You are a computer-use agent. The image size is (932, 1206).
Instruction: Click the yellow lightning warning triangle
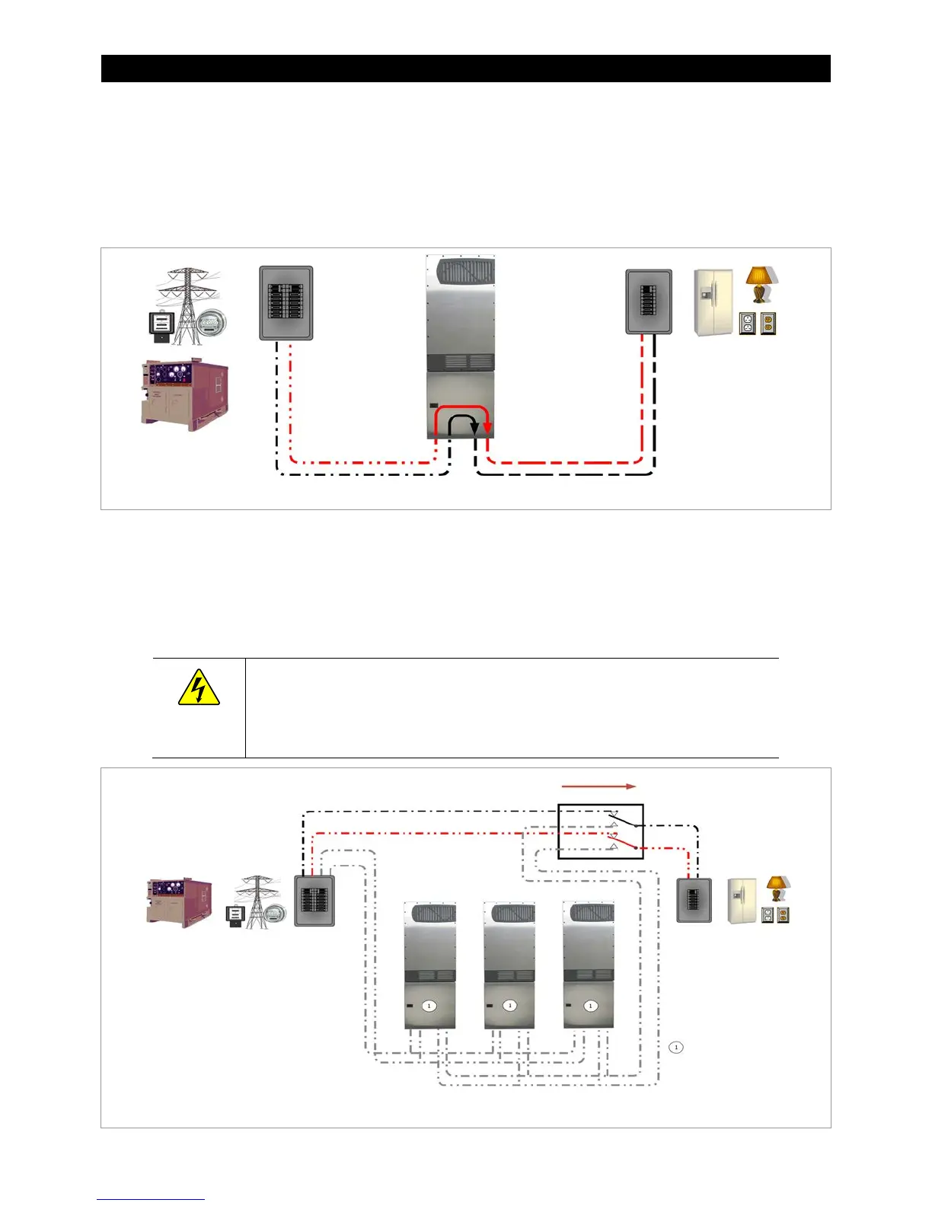pyautogui.click(x=199, y=688)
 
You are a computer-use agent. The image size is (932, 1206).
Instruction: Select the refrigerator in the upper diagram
pyautogui.click(x=713, y=302)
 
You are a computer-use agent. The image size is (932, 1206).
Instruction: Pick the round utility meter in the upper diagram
pyautogui.click(x=210, y=325)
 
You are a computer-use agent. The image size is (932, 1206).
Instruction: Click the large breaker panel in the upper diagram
pyautogui.click(x=286, y=303)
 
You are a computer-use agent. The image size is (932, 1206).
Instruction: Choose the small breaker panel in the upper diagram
pyautogui.click(x=649, y=301)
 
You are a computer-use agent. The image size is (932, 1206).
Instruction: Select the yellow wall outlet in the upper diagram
pyautogui.click(x=768, y=324)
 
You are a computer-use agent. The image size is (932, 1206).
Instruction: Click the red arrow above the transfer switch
pyautogui.click(x=598, y=786)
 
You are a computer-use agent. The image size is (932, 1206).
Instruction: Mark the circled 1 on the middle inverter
pyautogui.click(x=510, y=1006)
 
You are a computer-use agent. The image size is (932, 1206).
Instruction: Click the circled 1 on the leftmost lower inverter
pyautogui.click(x=429, y=1006)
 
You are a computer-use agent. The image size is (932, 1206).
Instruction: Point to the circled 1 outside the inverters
pyautogui.click(x=675, y=1047)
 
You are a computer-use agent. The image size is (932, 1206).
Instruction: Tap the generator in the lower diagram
pyautogui.click(x=179, y=902)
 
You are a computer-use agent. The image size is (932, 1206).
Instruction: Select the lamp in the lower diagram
pyautogui.click(x=777, y=888)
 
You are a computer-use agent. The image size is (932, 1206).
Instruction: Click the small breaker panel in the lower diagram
pyautogui.click(x=694, y=900)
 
